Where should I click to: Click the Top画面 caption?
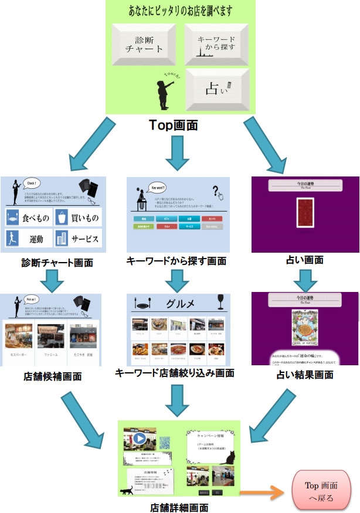(173, 124)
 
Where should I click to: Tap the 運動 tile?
(28, 237)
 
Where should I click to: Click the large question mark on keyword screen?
(217, 191)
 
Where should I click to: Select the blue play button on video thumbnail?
(140, 439)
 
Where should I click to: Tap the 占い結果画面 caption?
(305, 373)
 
